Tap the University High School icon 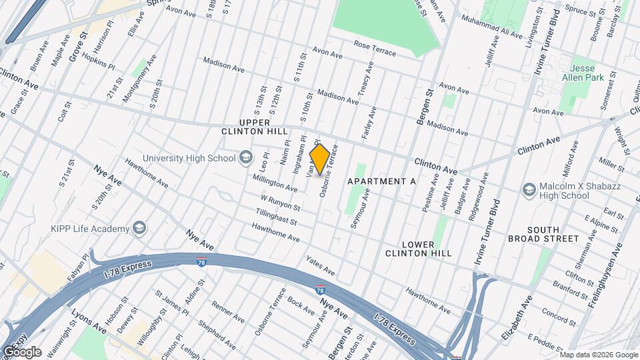click(x=246, y=157)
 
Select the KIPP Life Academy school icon click(x=139, y=229)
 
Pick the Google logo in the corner click(x=22, y=351)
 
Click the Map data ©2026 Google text click(x=599, y=355)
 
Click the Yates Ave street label click(x=320, y=265)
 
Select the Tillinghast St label click(x=275, y=215)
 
